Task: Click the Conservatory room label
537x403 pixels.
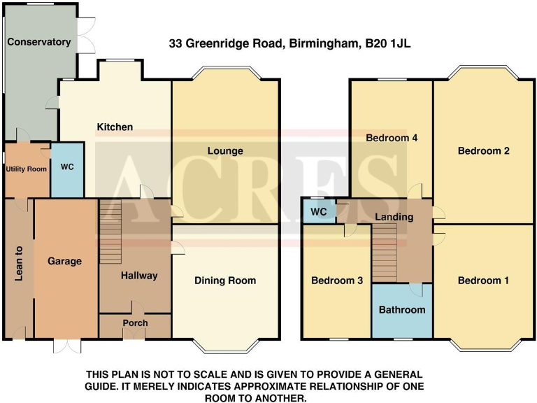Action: tap(39, 42)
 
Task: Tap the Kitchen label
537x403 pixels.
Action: tap(115, 127)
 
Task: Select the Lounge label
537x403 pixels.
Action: tap(225, 151)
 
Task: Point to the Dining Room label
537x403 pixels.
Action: tap(225, 281)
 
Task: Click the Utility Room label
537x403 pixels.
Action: tap(27, 169)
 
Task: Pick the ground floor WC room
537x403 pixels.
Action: tap(68, 168)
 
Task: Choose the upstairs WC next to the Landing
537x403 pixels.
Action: tap(319, 211)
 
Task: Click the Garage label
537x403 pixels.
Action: tap(65, 261)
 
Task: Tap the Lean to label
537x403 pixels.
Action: tap(19, 265)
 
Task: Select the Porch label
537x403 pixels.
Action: tap(135, 323)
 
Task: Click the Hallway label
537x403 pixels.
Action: tap(139, 276)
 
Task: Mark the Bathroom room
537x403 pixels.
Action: tap(402, 310)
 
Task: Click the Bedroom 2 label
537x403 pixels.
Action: tap(483, 151)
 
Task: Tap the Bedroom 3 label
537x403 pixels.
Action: tap(337, 281)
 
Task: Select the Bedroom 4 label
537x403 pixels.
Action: tap(392, 138)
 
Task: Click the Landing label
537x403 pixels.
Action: tap(394, 217)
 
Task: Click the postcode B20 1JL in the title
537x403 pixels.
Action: tap(388, 43)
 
